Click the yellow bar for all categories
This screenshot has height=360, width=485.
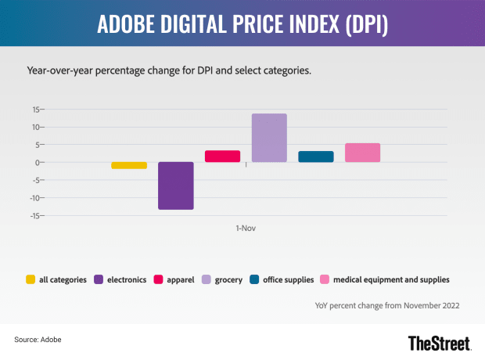(129, 165)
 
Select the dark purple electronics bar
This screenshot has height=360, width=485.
(176, 185)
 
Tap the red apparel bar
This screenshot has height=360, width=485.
(222, 157)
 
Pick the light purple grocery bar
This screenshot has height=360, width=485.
(269, 138)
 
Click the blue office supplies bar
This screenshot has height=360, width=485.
(316, 157)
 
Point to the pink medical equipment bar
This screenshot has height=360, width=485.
(362, 153)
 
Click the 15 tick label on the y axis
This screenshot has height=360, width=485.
(37, 110)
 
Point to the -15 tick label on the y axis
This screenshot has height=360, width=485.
(34, 216)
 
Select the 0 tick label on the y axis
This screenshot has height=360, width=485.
(38, 163)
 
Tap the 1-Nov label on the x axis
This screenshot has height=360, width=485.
(246, 229)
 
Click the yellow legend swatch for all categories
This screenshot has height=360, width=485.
(31, 279)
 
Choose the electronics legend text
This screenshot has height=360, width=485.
(127, 279)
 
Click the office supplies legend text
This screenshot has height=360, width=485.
(289, 279)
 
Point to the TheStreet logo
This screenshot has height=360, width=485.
(440, 343)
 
